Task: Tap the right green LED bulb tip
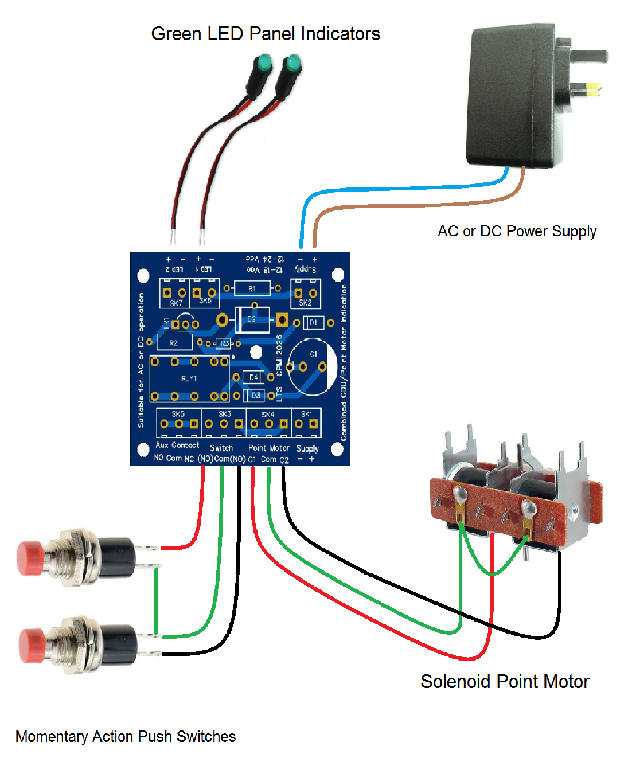click(x=292, y=62)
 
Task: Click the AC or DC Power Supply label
click(x=517, y=231)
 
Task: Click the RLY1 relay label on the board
click(x=189, y=378)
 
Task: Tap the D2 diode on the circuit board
click(x=252, y=319)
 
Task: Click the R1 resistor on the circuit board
click(x=252, y=288)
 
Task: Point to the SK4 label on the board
click(x=268, y=414)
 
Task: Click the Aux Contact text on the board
click(x=178, y=445)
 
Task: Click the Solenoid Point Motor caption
click(x=505, y=682)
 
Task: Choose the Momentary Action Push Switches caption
click(x=126, y=737)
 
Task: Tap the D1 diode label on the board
click(x=313, y=323)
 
